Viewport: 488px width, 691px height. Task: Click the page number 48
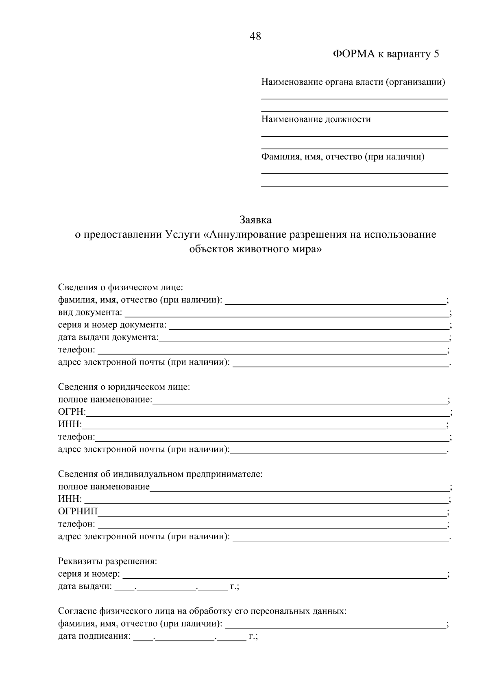255,37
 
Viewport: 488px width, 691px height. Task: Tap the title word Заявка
255,220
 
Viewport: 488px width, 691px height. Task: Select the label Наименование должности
316,119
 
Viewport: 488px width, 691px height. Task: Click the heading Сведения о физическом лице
120,287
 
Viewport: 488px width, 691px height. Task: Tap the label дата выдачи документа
108,337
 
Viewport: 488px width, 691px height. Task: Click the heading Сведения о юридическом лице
124,387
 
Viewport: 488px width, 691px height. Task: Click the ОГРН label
72,412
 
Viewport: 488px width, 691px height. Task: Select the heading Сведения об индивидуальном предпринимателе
160,474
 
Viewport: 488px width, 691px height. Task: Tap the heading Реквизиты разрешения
107,562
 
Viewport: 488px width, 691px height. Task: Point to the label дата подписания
94,636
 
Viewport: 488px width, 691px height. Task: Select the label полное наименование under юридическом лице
105,400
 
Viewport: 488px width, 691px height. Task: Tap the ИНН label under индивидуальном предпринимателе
70,499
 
